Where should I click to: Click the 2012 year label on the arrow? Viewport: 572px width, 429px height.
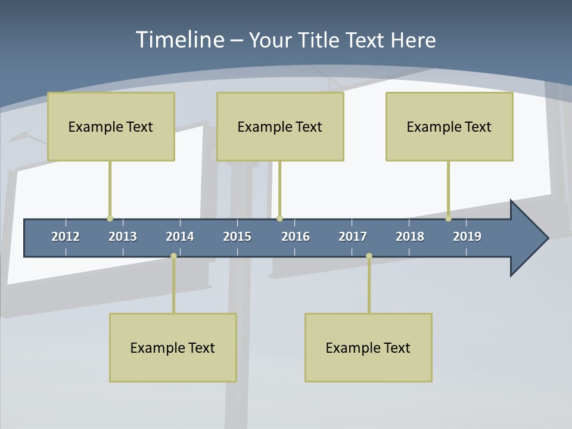(x=66, y=237)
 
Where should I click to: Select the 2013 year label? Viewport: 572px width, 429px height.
(x=123, y=237)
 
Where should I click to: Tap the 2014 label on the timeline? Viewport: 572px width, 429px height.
(x=180, y=237)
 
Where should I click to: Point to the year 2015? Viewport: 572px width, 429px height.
(x=237, y=237)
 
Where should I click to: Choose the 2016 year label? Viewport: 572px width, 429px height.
(x=296, y=237)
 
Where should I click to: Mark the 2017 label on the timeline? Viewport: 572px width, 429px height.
(x=353, y=237)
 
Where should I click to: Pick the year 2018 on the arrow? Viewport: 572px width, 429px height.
(x=410, y=237)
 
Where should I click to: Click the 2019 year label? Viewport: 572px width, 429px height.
(x=467, y=237)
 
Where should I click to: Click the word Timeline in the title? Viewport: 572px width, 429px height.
(x=179, y=40)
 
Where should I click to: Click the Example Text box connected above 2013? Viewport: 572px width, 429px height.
(x=111, y=126)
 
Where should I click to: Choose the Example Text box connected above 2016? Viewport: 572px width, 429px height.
(x=280, y=126)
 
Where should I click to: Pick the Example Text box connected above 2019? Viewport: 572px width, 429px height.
(x=449, y=126)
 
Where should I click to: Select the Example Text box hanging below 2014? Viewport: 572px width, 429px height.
(x=173, y=347)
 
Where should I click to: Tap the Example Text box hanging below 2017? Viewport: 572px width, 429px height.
(x=368, y=347)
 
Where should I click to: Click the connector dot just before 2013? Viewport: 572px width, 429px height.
(x=110, y=218)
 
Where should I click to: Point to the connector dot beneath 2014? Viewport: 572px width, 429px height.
(x=173, y=256)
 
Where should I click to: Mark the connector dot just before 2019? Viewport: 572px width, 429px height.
(x=448, y=218)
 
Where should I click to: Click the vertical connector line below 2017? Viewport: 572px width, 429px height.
(x=369, y=285)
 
